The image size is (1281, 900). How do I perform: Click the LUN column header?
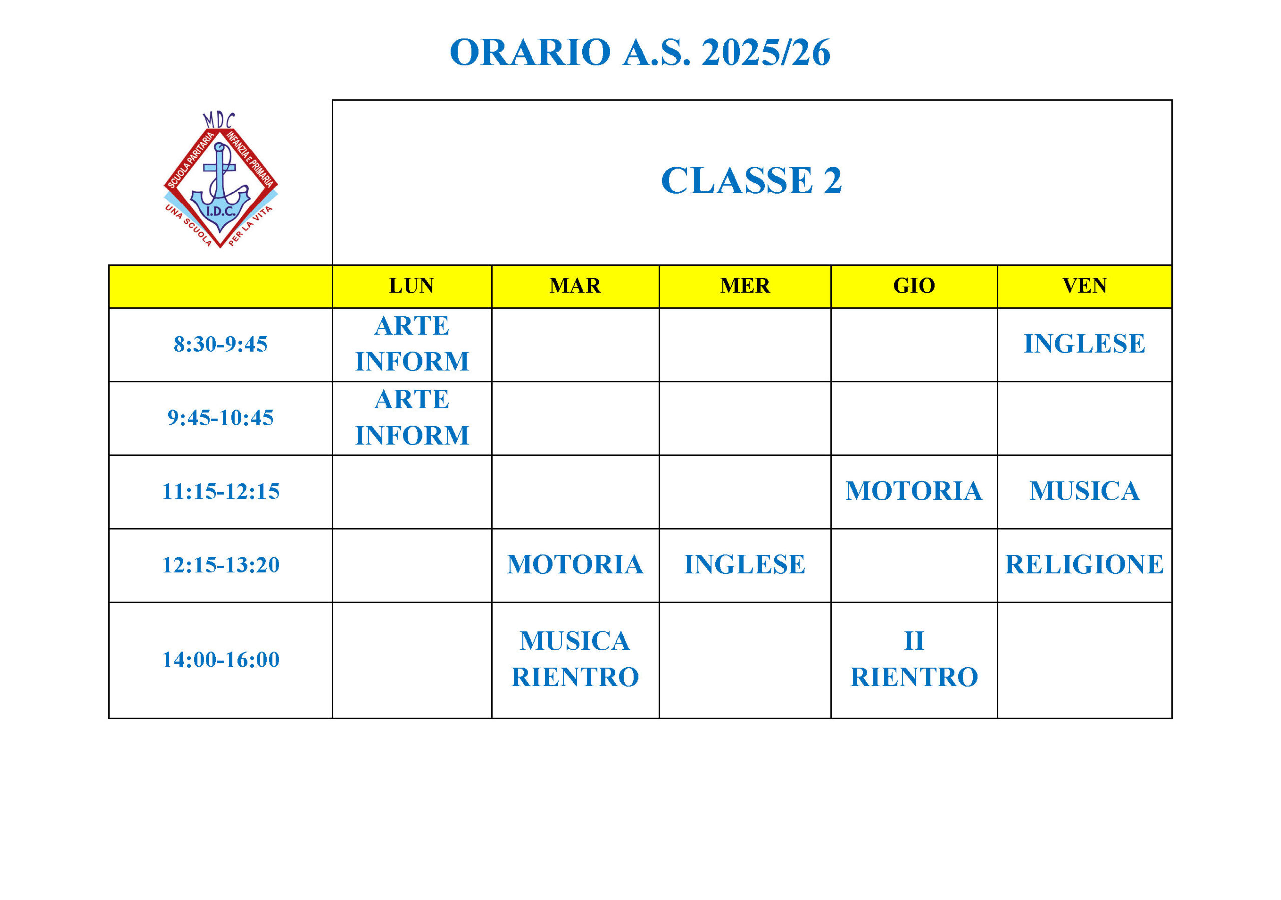pyautogui.click(x=412, y=286)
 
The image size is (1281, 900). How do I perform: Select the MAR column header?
pyautogui.click(x=575, y=286)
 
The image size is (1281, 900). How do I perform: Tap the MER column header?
pyautogui.click(x=745, y=286)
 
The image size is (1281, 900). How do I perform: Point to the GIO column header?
pyautogui.click(x=914, y=286)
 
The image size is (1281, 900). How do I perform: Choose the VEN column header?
pyautogui.click(x=1085, y=286)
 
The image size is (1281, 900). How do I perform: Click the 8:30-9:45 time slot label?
pyautogui.click(x=220, y=344)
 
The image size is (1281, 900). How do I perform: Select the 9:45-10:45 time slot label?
pyautogui.click(x=220, y=418)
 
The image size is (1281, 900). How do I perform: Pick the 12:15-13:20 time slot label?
pyautogui.click(x=220, y=565)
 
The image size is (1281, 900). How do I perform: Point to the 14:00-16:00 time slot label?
pyautogui.click(x=220, y=660)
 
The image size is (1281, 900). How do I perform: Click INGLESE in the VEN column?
pyautogui.click(x=1085, y=344)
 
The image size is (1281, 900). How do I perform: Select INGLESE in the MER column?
pyautogui.click(x=745, y=565)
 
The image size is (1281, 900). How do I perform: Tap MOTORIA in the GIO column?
pyautogui.click(x=914, y=491)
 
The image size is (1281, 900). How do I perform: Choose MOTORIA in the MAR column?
pyautogui.click(x=575, y=565)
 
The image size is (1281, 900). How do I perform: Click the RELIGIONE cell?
pyautogui.click(x=1085, y=565)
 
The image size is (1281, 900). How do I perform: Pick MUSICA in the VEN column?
pyautogui.click(x=1085, y=491)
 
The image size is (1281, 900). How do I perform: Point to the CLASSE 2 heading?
pyautogui.click(x=751, y=180)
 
